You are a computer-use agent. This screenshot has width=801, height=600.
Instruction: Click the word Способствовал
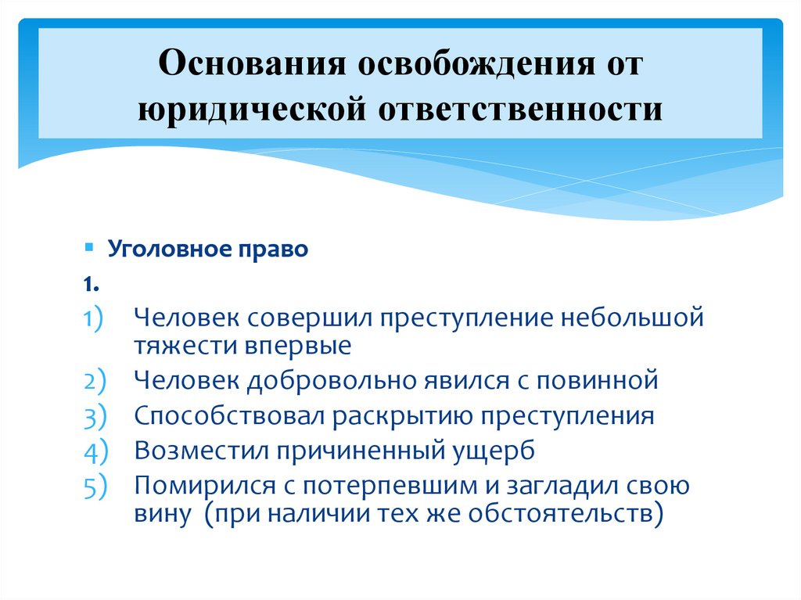click(x=229, y=415)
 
